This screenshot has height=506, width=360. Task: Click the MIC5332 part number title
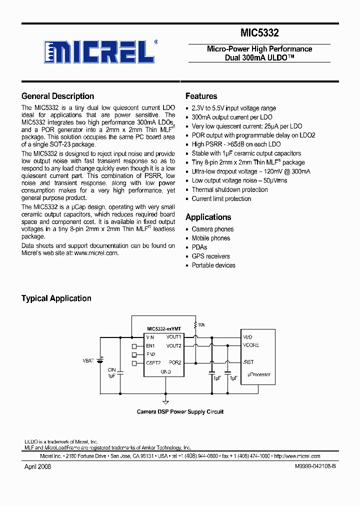(x=259, y=33)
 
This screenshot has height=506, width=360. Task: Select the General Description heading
(x=57, y=96)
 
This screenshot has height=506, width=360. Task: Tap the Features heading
(x=201, y=96)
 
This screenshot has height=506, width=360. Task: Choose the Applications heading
(x=208, y=217)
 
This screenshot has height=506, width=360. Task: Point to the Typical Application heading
(x=56, y=298)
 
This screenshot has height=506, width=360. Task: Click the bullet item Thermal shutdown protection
(x=229, y=189)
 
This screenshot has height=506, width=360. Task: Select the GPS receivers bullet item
(x=210, y=256)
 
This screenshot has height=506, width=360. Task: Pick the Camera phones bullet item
(x=212, y=229)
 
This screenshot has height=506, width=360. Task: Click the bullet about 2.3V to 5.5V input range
(x=233, y=108)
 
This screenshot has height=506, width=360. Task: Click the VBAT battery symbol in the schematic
(x=100, y=359)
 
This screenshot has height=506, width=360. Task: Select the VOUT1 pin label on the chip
(x=174, y=337)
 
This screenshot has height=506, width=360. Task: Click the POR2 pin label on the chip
(x=175, y=362)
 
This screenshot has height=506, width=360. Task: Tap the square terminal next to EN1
(x=133, y=346)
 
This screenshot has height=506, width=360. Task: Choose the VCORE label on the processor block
(x=251, y=345)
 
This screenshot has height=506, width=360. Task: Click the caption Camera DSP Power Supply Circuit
(x=180, y=411)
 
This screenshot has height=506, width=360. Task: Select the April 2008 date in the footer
(x=37, y=466)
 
